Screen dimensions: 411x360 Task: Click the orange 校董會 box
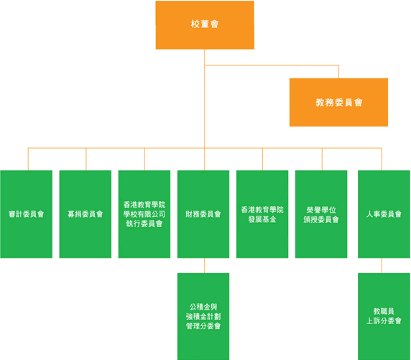pos(205,25)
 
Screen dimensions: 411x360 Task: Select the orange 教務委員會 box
pos(338,102)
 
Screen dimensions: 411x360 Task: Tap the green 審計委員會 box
pos(26,214)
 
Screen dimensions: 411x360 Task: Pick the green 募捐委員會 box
pos(86,214)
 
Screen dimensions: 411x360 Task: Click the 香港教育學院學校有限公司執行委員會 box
pos(144,214)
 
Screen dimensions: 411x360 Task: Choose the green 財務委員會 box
pos(203,214)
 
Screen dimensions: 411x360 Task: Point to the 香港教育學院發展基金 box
pos(262,214)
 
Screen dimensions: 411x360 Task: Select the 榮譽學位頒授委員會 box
pos(321,214)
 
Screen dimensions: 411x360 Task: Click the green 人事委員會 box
pos(384,214)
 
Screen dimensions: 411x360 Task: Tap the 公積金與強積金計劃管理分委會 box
pos(203,316)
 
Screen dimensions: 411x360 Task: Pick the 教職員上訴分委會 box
pos(384,316)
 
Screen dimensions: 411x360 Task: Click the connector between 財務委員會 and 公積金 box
pos(205,266)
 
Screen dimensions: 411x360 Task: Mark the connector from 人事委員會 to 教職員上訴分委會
pos(382,266)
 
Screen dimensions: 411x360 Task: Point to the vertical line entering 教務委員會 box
pos(338,72)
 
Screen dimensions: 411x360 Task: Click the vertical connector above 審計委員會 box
pos(28,159)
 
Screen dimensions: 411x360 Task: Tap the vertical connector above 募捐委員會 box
pos(86,159)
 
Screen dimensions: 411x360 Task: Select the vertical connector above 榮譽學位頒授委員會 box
pos(322,159)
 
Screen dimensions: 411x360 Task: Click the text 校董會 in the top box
pos(205,24)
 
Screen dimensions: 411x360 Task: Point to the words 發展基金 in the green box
pos(262,219)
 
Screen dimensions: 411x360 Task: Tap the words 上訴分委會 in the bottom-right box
pos(384,321)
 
